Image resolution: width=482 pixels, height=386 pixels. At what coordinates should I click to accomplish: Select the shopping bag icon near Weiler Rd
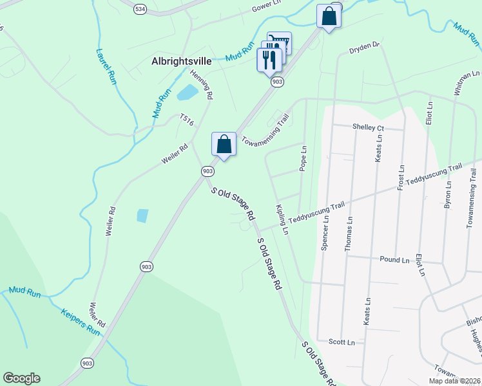pyautogui.click(x=224, y=144)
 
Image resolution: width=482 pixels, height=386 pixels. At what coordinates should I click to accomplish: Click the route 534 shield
pyautogui.click(x=140, y=8)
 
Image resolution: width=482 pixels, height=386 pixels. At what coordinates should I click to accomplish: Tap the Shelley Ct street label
pyautogui.click(x=368, y=127)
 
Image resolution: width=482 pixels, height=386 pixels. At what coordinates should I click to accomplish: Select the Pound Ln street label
pyautogui.click(x=395, y=260)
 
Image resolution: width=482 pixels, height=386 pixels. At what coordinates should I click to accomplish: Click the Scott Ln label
pyautogui.click(x=342, y=342)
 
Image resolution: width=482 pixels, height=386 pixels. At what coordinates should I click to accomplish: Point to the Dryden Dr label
pyautogui.click(x=365, y=47)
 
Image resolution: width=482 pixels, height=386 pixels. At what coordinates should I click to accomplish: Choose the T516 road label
pyautogui.click(x=187, y=120)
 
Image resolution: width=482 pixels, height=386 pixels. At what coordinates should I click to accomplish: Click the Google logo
pyautogui.click(x=21, y=378)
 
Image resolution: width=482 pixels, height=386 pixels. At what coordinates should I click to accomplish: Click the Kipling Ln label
pyautogui.click(x=282, y=219)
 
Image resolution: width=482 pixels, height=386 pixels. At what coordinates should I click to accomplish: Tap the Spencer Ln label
pyautogui.click(x=325, y=232)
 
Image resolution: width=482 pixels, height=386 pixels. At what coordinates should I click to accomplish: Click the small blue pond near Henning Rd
pyautogui.click(x=187, y=93)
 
